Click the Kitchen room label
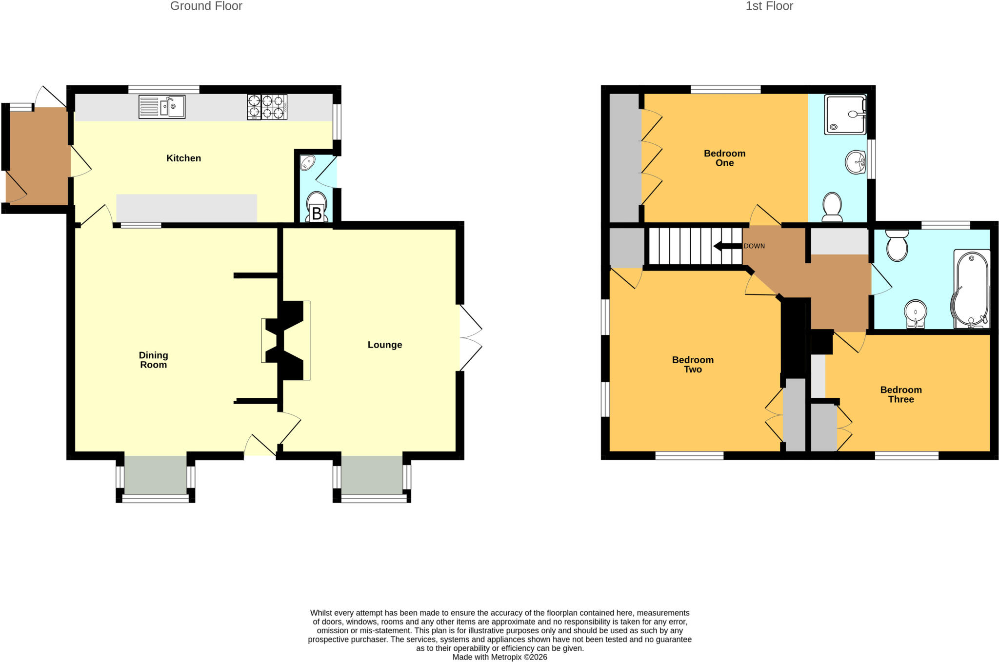tap(183, 158)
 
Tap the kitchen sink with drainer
tap(162, 107)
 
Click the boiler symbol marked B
tap(317, 214)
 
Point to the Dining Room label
tap(153, 360)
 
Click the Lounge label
tap(385, 345)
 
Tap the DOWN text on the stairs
tap(754, 246)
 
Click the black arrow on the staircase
tap(728, 246)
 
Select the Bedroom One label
tap(724, 158)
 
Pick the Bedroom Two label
tap(693, 364)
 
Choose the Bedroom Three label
tap(901, 394)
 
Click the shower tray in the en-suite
tap(845, 115)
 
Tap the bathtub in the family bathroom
tap(971, 289)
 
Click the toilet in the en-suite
tap(832, 207)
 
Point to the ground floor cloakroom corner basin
tap(307, 162)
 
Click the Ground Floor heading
tap(206, 6)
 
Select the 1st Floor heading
tap(769, 6)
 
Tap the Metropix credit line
tap(500, 657)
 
